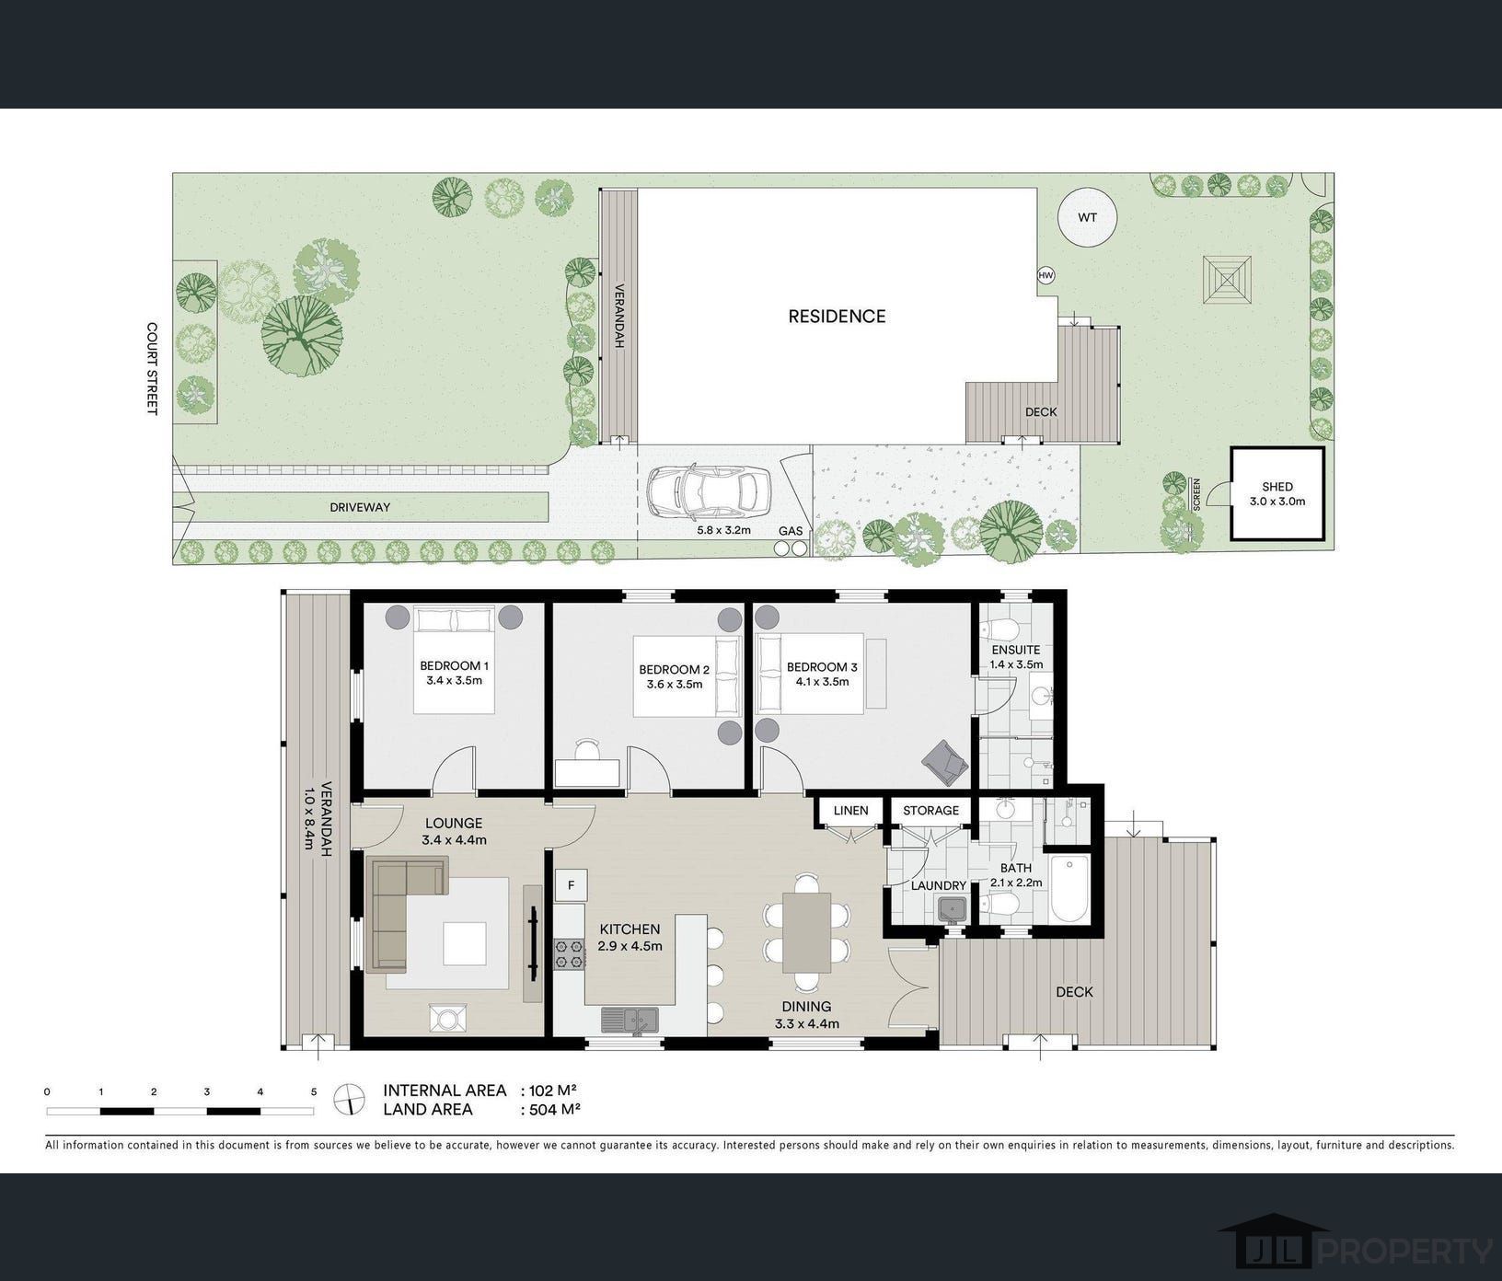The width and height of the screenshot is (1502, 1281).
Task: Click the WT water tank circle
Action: tap(1087, 218)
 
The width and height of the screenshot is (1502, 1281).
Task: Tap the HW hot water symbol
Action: tap(1046, 275)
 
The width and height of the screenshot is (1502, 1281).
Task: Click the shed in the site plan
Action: tap(1277, 493)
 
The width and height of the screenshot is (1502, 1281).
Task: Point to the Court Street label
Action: tap(153, 368)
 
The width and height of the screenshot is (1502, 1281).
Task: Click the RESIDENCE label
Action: tap(837, 317)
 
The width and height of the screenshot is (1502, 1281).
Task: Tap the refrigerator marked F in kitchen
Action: tap(571, 885)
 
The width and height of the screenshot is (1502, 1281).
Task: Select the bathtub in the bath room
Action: tap(1069, 889)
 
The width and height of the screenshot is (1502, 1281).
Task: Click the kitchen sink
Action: tap(630, 1020)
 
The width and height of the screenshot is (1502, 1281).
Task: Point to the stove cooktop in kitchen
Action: tap(570, 952)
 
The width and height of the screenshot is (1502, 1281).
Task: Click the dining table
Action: tap(807, 932)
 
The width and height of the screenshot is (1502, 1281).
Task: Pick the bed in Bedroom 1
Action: tap(455, 659)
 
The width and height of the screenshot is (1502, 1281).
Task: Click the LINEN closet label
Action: tap(850, 811)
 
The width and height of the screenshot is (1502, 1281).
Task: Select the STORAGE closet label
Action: tap(930, 811)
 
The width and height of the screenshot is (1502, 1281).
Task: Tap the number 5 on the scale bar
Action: tap(314, 1092)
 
